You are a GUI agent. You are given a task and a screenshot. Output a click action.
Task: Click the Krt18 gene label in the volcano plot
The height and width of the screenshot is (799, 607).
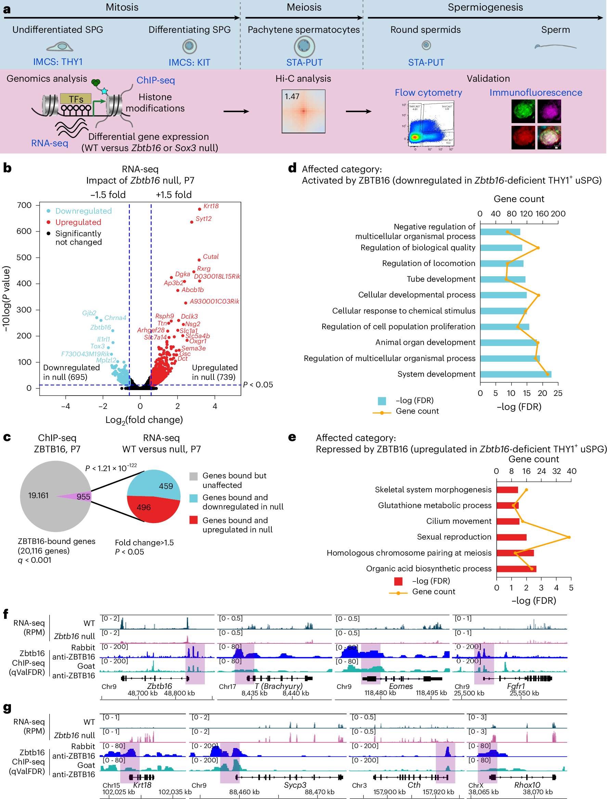coord(211,206)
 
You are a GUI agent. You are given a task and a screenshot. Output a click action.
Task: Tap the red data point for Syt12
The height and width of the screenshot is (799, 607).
coord(192,222)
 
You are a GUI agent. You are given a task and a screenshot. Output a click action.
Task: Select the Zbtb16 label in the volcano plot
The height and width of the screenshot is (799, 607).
coord(101,327)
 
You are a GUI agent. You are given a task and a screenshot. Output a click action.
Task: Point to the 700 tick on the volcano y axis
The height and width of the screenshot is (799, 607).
coord(24,205)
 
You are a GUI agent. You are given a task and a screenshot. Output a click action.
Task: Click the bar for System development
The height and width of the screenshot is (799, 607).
coord(516,374)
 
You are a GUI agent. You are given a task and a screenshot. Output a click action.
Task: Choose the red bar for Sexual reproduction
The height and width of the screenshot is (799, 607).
coord(511,537)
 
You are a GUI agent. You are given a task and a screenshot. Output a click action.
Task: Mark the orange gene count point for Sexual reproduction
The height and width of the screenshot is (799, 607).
coord(569,537)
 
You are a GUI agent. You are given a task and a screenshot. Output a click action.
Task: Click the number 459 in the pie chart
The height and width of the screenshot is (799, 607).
coord(166,486)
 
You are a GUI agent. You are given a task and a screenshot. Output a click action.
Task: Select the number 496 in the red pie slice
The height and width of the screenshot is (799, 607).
coord(143,507)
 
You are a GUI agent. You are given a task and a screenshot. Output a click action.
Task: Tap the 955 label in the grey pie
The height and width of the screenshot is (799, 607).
coord(83,497)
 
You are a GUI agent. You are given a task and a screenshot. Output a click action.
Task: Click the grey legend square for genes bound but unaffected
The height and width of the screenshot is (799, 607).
coord(193,476)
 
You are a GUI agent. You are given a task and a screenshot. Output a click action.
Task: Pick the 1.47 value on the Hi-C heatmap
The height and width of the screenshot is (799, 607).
coord(292,96)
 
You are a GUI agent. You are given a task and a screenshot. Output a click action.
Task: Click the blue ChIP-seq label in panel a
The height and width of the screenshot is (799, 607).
coord(155,80)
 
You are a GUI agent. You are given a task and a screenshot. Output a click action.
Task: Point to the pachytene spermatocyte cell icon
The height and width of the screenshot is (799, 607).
coord(304,46)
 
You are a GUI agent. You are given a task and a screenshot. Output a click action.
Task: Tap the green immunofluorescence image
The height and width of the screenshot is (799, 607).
coord(523,111)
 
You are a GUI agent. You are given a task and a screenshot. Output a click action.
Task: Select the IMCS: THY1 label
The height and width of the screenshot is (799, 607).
coord(58,62)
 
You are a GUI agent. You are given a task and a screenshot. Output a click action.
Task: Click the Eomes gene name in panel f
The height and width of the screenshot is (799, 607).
coord(401,686)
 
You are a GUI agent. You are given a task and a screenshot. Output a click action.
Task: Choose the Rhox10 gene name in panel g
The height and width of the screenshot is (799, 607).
coord(527,785)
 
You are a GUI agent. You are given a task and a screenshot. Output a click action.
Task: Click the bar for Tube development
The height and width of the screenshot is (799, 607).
coord(503,279)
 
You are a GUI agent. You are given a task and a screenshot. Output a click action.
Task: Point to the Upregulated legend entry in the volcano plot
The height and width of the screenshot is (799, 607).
coord(78,222)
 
